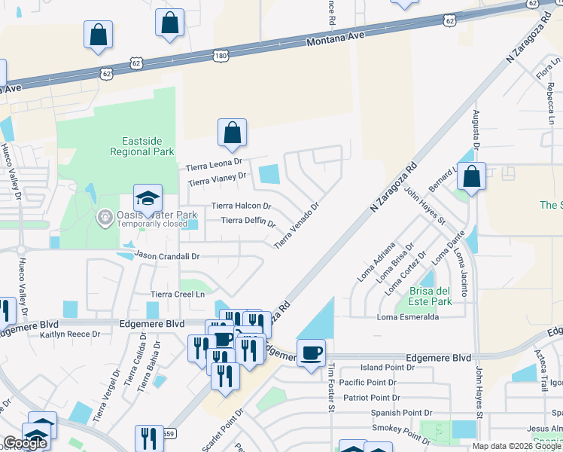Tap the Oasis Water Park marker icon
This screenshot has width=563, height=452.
(104, 217)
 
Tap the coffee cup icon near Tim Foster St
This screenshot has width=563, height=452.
(310, 352)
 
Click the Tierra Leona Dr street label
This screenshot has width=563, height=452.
(215, 163)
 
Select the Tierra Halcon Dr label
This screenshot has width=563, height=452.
(241, 205)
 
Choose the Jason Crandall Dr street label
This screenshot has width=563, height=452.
(168, 256)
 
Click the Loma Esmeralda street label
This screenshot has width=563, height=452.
(408, 317)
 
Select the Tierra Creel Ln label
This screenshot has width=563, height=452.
(178, 294)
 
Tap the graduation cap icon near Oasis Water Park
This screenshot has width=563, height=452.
(148, 199)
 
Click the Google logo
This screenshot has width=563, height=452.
(24, 443)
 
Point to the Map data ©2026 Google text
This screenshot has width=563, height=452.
(516, 446)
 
